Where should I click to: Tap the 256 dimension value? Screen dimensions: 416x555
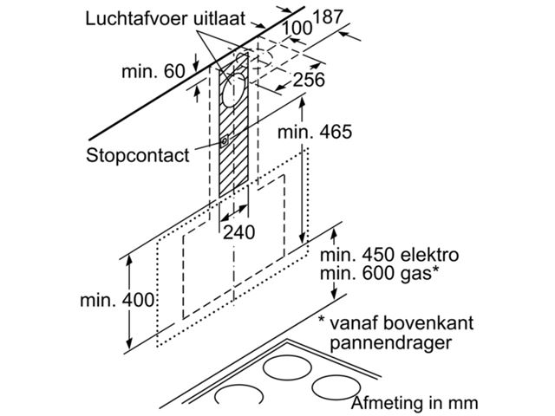coord(309,80)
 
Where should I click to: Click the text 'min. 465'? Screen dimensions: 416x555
coord(316,132)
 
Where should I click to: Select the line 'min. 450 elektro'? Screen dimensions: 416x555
coord(388,256)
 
